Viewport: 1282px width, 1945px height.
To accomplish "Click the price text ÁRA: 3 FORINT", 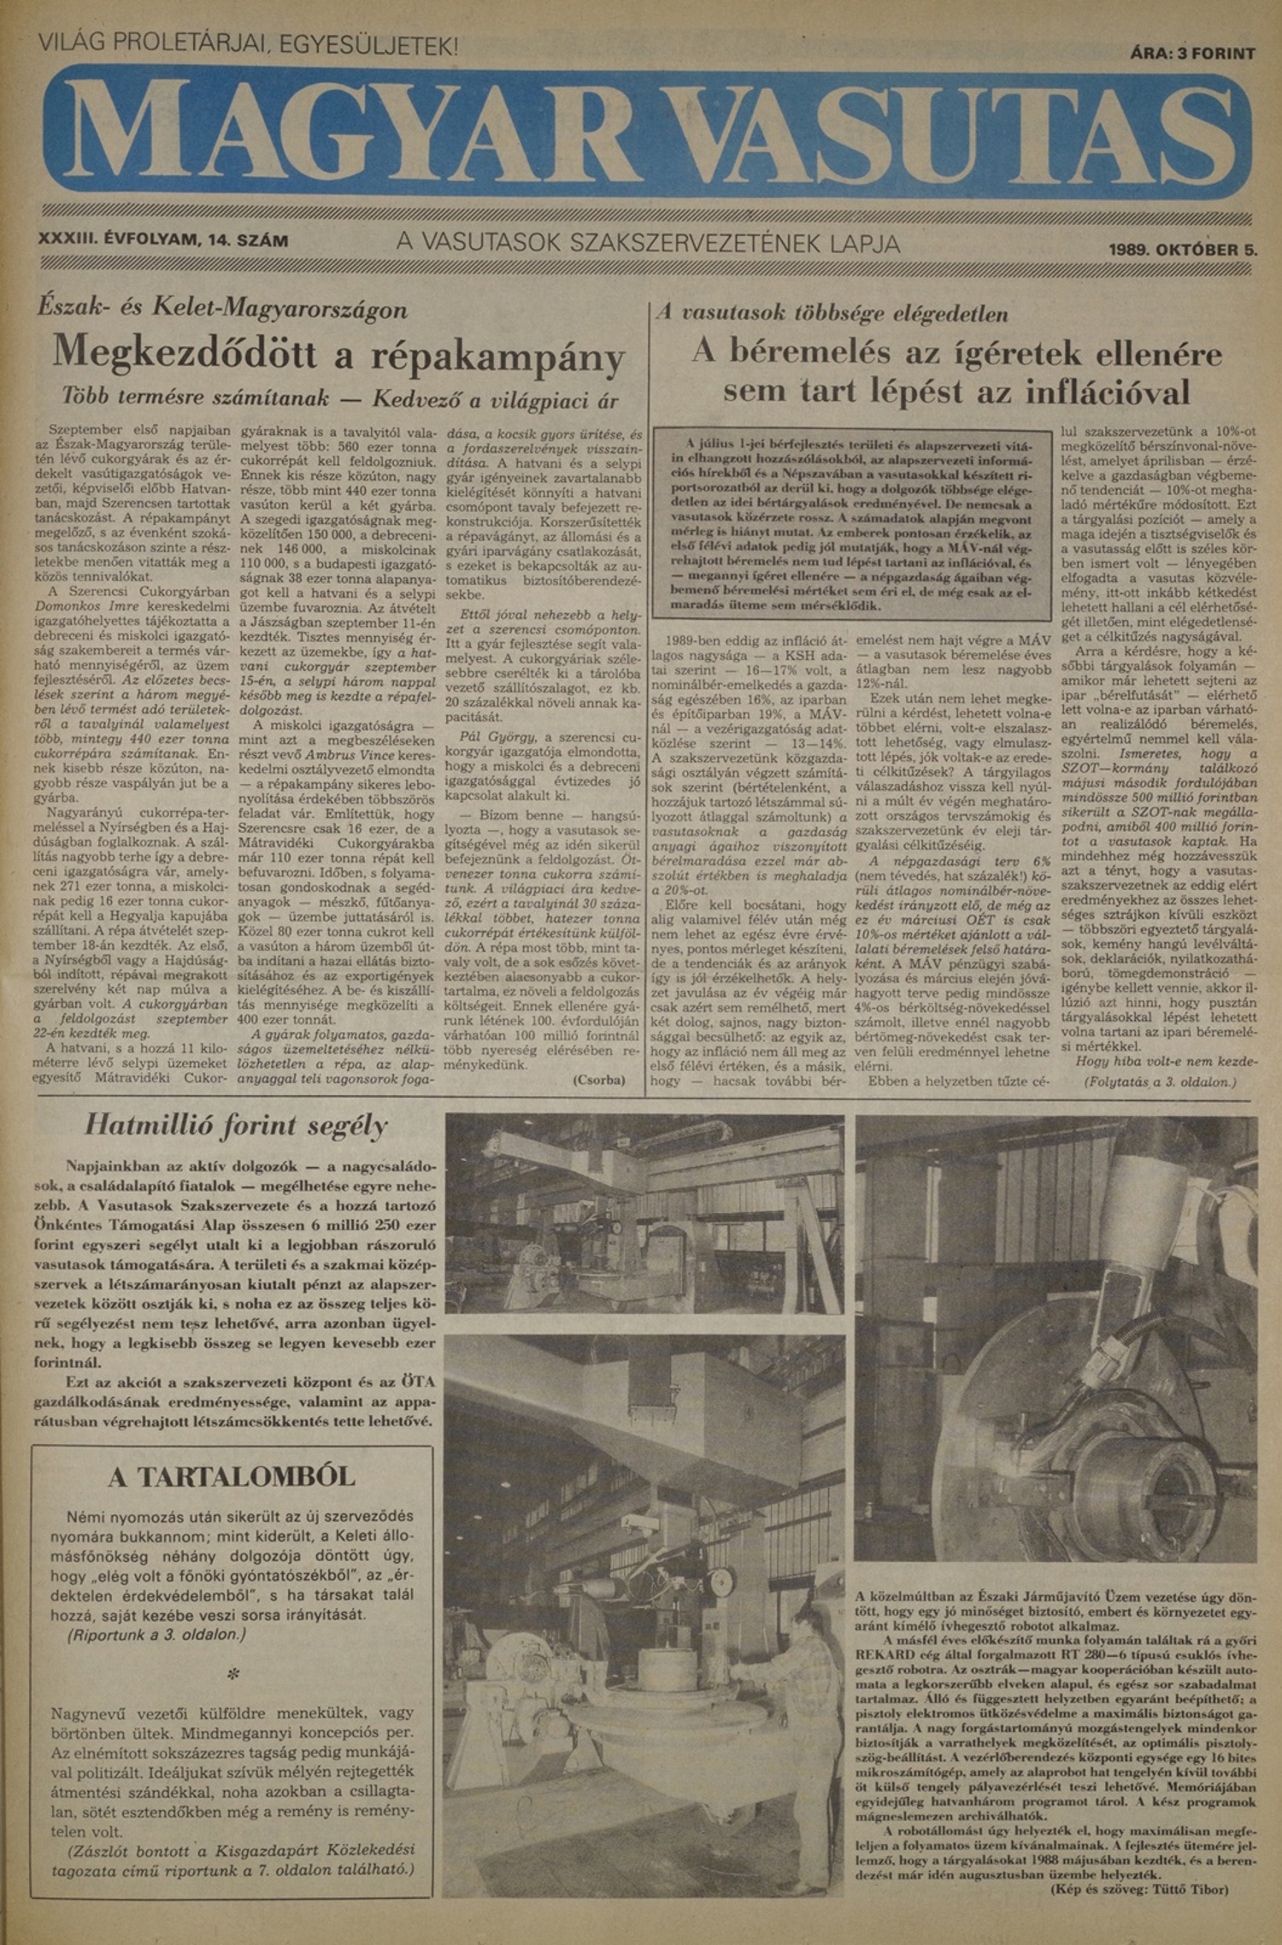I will point(1192,53).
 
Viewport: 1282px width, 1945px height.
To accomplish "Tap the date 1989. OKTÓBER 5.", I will point(1183,250).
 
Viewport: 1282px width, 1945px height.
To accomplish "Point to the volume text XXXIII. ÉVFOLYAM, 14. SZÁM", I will point(164,241).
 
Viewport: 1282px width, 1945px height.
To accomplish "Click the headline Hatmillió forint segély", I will point(236,1125).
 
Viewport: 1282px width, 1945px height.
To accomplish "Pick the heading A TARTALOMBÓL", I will point(232,1476).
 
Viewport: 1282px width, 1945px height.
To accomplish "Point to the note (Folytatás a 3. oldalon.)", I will point(1160,1082).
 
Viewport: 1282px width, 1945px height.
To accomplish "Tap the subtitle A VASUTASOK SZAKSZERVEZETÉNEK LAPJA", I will point(648,244).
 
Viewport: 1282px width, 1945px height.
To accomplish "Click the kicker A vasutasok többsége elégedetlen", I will point(832,314).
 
